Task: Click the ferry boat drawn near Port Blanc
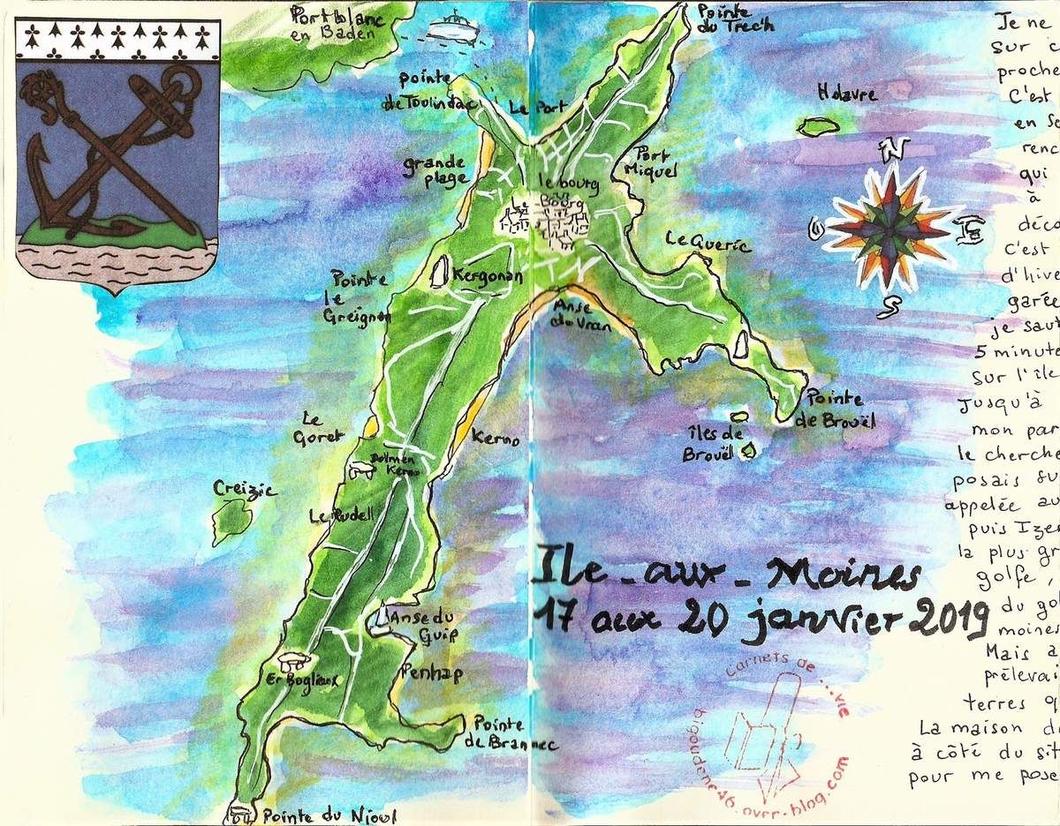click(455, 25)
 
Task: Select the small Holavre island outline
click(818, 127)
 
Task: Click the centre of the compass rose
click(891, 228)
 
